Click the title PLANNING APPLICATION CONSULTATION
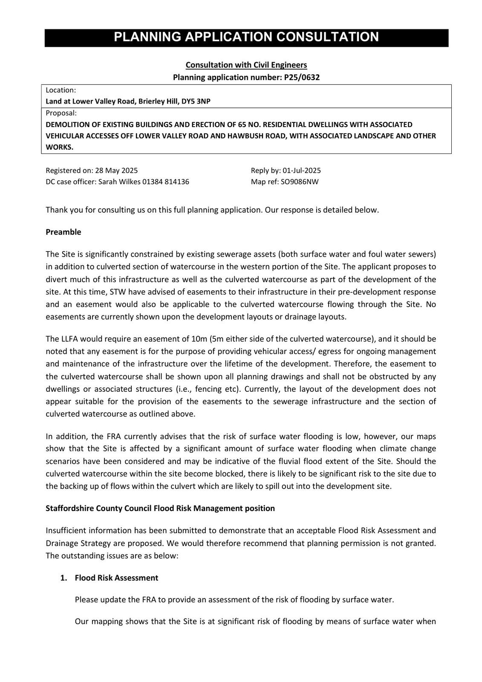click(x=246, y=38)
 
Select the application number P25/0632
click(x=302, y=77)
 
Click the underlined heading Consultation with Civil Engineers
click(x=246, y=65)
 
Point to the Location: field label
click(x=61, y=90)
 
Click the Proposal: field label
click(x=61, y=113)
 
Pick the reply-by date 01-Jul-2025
click(x=302, y=170)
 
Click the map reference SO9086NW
click(x=300, y=182)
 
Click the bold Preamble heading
click(x=63, y=232)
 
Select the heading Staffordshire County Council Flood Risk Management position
click(x=160, y=508)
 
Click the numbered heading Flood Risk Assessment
click(x=116, y=578)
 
